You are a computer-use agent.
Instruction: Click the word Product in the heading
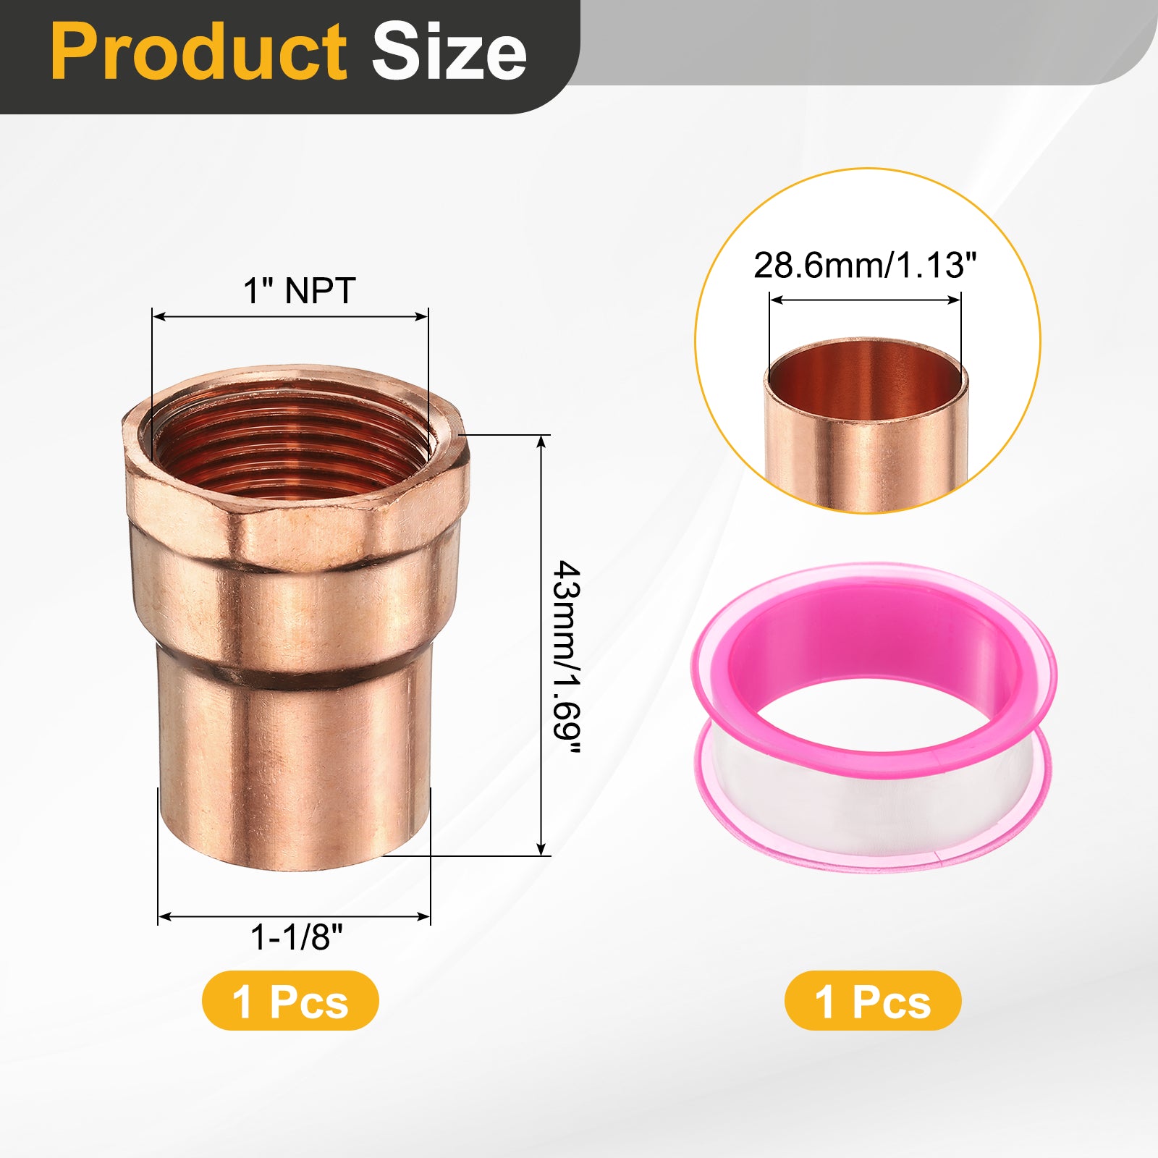point(199,52)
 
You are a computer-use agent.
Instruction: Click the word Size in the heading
point(449,52)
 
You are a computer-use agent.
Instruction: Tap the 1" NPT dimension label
point(299,291)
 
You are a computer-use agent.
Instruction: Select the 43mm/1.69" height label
point(566,658)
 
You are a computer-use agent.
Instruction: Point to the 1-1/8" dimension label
point(296,937)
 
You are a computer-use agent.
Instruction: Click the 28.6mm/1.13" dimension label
point(865,266)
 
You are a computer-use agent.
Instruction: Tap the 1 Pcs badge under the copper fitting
point(290,1001)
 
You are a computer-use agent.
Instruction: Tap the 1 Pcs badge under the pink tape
point(873,1001)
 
